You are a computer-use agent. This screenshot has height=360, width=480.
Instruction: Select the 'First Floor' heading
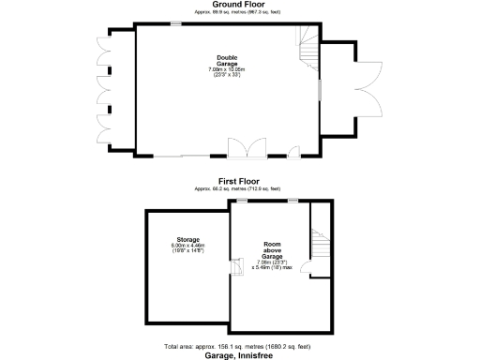(x=239, y=180)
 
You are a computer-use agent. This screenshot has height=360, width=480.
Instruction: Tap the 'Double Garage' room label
(x=225, y=62)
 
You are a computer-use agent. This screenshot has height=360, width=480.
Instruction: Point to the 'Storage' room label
(x=187, y=239)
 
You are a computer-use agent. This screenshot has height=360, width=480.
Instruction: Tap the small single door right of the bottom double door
(x=294, y=151)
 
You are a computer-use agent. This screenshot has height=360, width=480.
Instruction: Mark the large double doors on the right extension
(x=367, y=89)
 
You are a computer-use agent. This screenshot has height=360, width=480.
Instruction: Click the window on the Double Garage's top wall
(x=175, y=22)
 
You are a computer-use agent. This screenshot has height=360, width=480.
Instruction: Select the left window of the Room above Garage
(x=241, y=200)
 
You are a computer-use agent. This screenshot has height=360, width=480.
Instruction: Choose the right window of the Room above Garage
(x=292, y=200)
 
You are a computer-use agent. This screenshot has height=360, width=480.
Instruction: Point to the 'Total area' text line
(x=239, y=347)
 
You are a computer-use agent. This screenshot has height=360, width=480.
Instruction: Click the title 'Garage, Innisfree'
(x=239, y=355)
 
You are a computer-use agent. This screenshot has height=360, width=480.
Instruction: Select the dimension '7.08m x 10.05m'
(x=225, y=69)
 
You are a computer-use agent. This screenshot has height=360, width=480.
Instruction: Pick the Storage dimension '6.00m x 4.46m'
(x=187, y=247)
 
